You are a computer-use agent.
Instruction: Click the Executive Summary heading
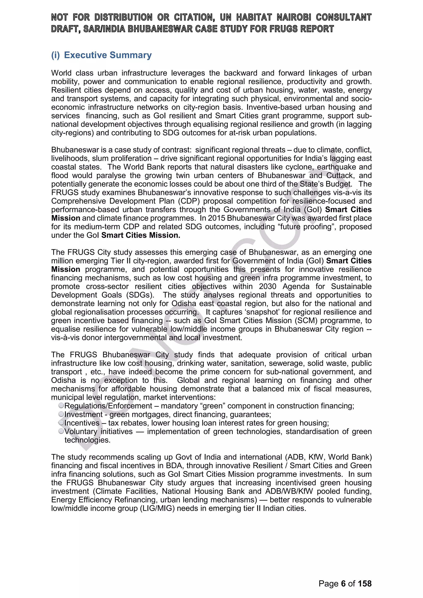pos(108,55)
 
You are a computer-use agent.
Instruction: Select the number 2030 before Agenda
pos(267,286)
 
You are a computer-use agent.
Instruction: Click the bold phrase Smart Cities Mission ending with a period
pos(140,235)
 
